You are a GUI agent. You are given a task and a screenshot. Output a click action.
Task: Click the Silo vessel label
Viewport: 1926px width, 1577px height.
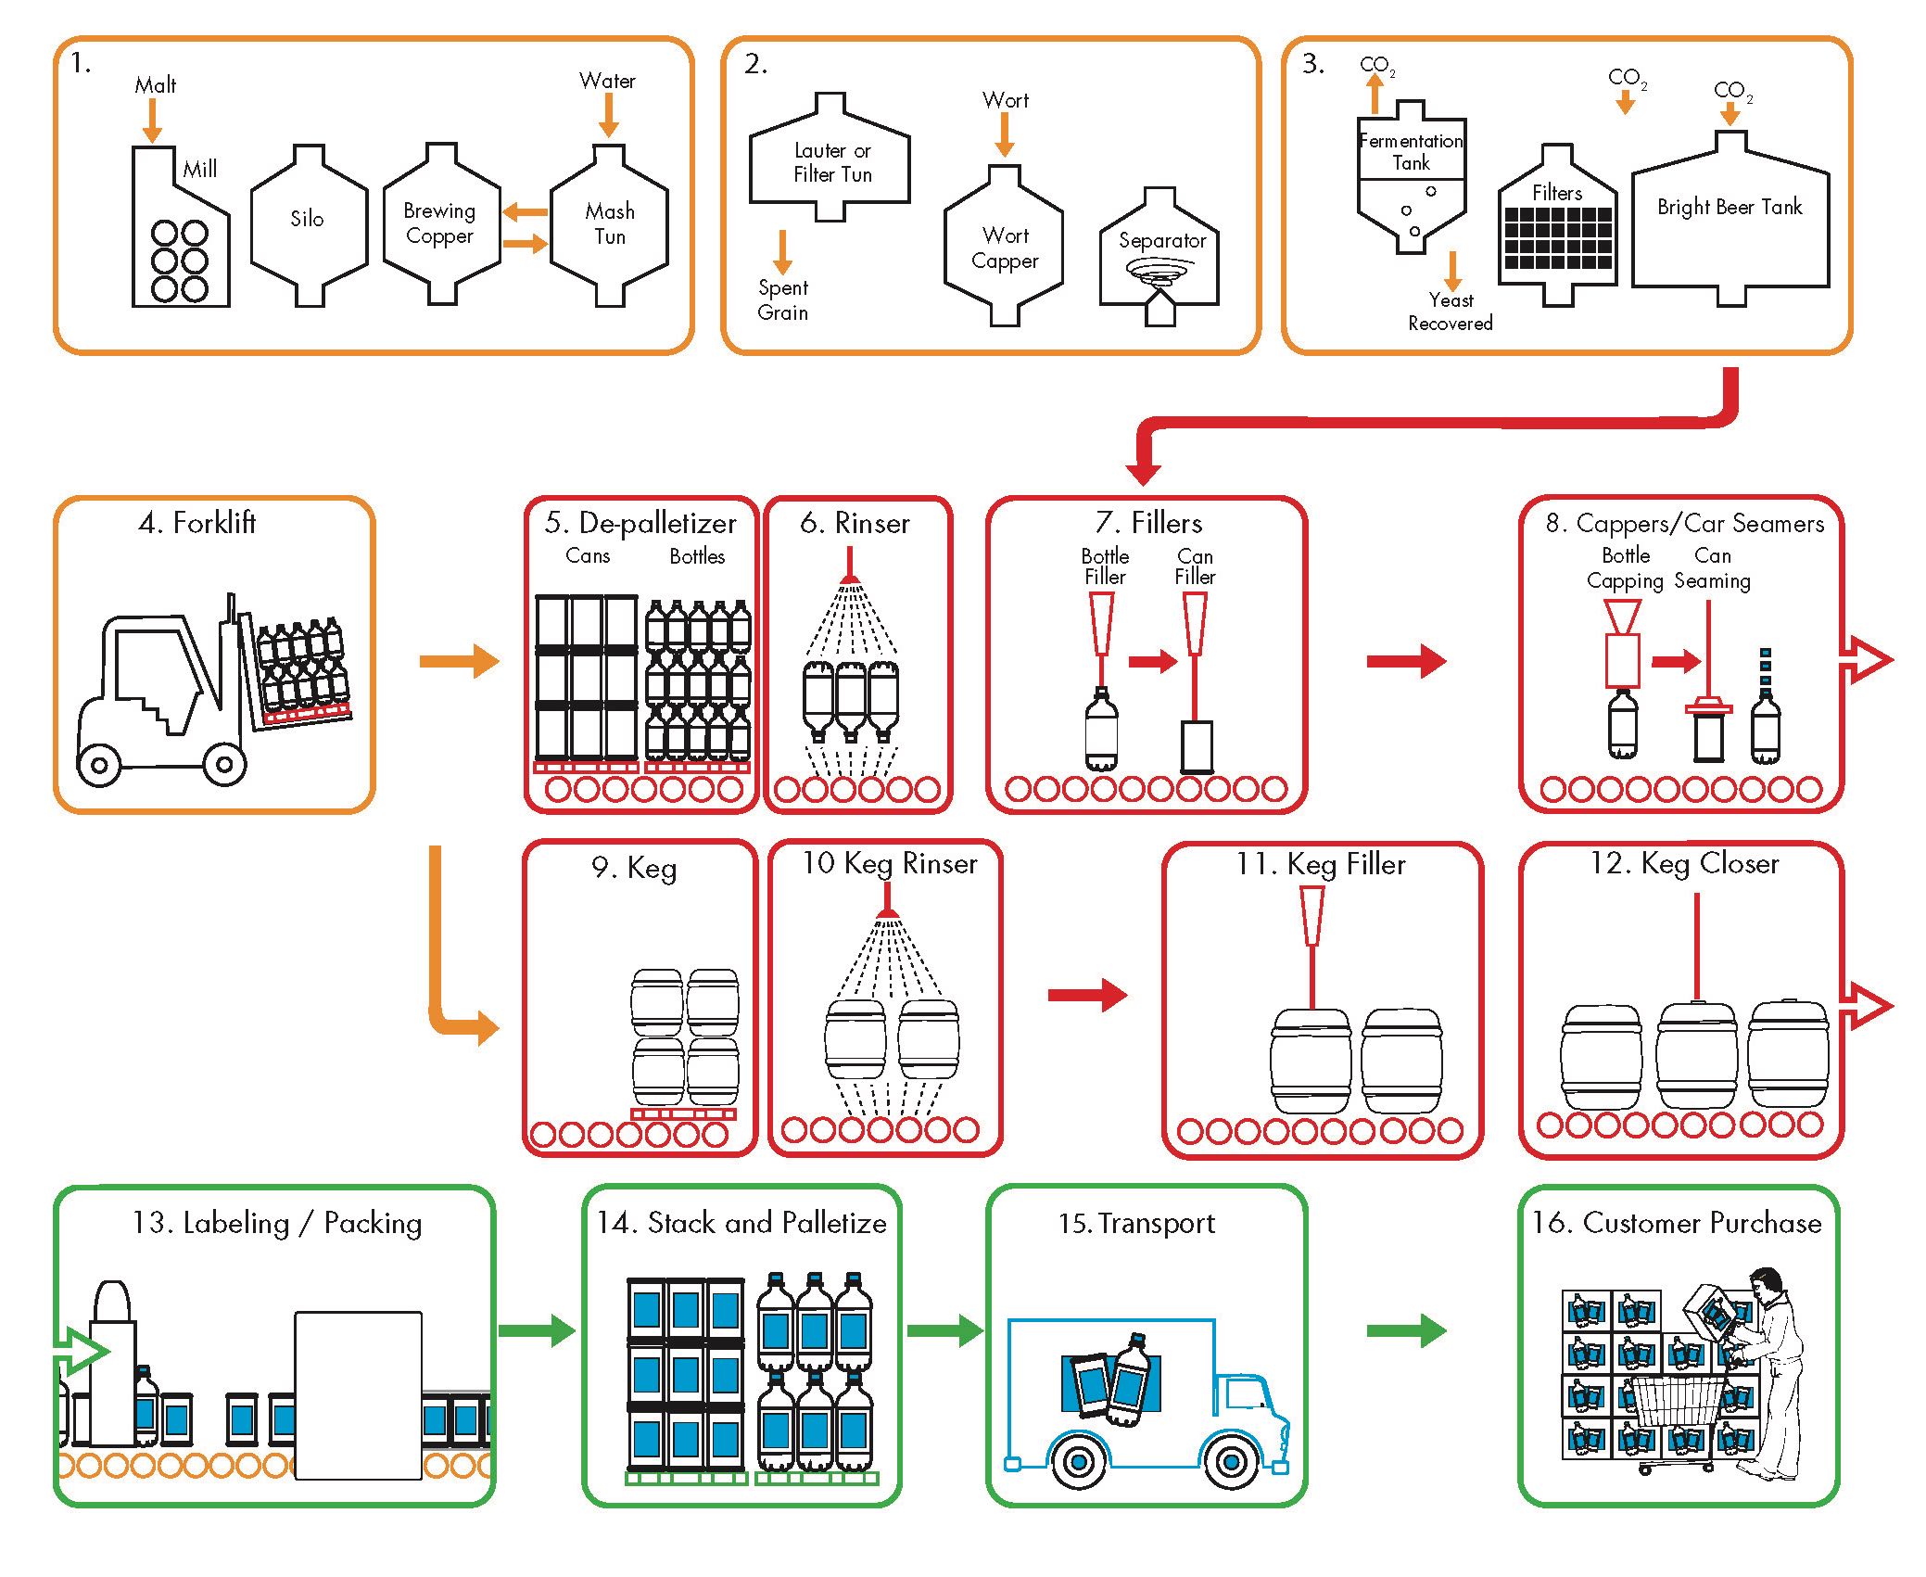coord(307,219)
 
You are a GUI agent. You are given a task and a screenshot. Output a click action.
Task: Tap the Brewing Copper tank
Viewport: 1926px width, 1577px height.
coord(440,223)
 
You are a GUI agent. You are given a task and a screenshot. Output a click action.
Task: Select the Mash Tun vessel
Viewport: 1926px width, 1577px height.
coord(609,224)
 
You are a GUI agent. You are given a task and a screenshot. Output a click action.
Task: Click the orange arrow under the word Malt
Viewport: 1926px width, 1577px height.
coord(152,121)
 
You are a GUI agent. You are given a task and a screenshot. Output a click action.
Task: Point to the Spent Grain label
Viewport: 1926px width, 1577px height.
coord(783,300)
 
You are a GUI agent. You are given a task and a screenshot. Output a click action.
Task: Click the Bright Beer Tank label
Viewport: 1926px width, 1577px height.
coord(1730,207)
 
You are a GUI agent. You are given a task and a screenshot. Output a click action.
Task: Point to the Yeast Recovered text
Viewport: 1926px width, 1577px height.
coord(1451,312)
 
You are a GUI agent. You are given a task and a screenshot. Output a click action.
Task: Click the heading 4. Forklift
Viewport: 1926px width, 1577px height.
coord(196,523)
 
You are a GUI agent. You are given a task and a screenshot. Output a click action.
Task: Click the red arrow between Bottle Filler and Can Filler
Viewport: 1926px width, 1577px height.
coord(1152,661)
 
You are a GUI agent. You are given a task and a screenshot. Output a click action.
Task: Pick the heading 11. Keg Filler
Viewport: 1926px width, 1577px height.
coord(1320,864)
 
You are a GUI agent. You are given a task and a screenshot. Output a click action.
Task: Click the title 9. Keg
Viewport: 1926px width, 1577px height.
coord(634,868)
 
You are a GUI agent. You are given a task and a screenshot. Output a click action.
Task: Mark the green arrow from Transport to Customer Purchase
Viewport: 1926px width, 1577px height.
coord(1406,1330)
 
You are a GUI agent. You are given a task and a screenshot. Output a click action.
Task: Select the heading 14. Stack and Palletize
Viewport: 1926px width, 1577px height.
coord(741,1223)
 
